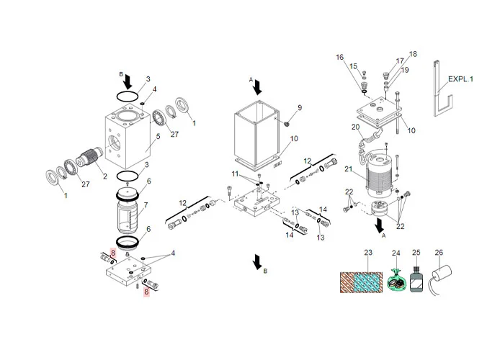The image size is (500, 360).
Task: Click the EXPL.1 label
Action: (460, 79)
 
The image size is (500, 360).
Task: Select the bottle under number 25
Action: (416, 279)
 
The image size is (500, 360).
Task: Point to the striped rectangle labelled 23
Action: (361, 282)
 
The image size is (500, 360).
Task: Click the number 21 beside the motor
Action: (348, 169)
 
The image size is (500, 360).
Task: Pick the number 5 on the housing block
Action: (158, 137)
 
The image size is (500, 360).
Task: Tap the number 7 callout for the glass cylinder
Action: (146, 205)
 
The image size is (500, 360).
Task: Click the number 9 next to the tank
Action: (300, 108)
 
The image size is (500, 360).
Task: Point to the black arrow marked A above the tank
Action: (258, 87)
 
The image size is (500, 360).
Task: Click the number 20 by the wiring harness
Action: (356, 127)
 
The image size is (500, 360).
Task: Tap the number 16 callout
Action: (339, 57)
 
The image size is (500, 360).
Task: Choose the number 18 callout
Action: (413, 54)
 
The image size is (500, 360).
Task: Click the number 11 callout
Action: (235, 174)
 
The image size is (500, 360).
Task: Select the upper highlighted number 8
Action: (112, 253)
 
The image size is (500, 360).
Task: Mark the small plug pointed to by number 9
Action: (286, 123)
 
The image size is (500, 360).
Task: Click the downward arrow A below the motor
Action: (380, 225)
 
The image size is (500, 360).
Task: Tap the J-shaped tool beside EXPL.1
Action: (442, 89)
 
